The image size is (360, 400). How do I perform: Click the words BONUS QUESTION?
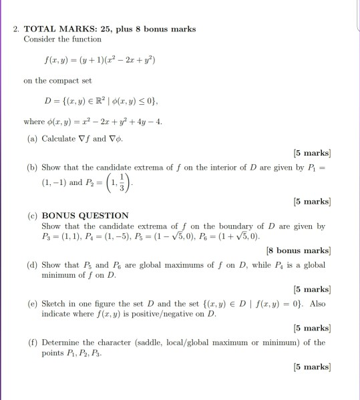pyautogui.click(x=85, y=216)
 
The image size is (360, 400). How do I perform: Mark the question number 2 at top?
pyautogui.click(x=15, y=29)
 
